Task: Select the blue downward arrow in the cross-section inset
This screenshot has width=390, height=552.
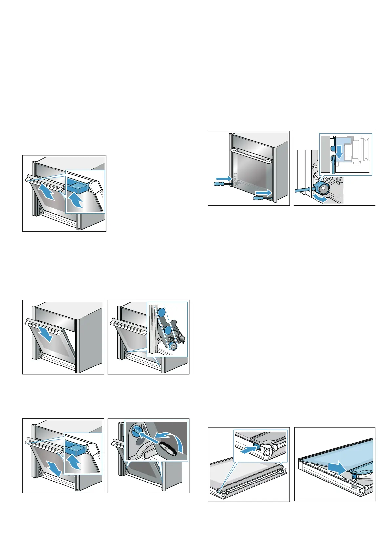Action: pyautogui.click(x=340, y=152)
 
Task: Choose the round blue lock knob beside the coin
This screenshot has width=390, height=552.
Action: pyautogui.click(x=135, y=432)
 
